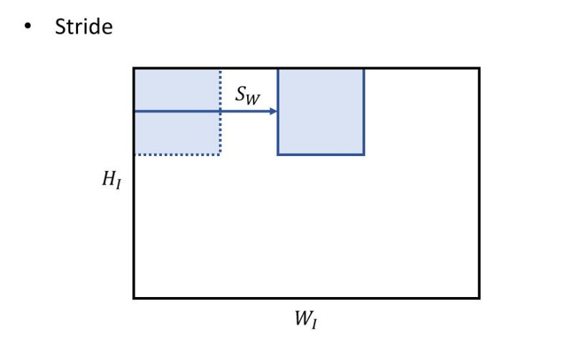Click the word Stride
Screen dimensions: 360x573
[x=83, y=28]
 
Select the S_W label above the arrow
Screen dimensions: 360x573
[x=248, y=96]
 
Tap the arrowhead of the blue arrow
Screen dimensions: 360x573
[x=274, y=112]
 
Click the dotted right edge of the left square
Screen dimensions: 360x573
[x=220, y=132]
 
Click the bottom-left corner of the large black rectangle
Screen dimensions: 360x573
[x=134, y=297]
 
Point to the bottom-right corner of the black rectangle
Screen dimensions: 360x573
[x=478, y=297]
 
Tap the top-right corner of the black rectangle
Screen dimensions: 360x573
[x=478, y=69]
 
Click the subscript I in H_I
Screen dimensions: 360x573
[x=118, y=185]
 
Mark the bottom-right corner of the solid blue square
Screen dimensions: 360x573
[x=364, y=154]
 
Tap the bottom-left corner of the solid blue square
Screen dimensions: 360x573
[x=278, y=154]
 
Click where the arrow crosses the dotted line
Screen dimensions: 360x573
[x=220, y=112]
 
